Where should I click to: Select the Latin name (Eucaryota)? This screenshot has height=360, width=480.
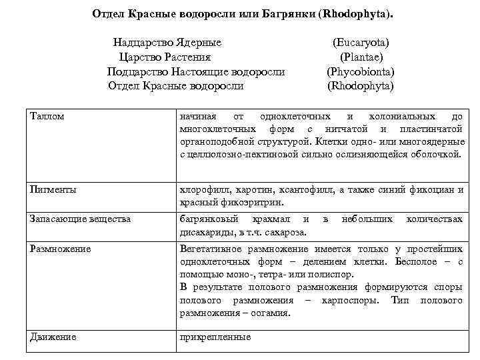[x=361, y=42]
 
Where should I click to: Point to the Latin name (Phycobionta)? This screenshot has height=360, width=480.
[x=361, y=71]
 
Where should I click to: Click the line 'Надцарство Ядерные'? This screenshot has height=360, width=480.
[x=167, y=42]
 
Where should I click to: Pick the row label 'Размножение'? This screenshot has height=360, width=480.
[x=61, y=249]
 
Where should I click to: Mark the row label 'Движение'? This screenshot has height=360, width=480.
[x=53, y=337]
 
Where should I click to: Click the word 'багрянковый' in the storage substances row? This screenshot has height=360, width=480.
[x=209, y=219]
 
